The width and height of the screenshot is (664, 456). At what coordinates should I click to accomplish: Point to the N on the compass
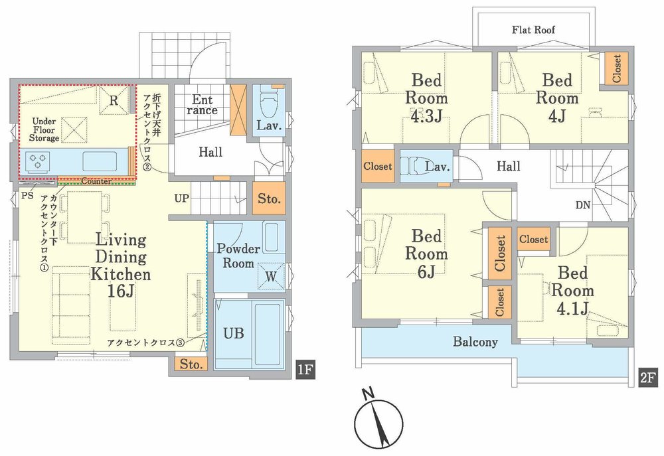click(369, 394)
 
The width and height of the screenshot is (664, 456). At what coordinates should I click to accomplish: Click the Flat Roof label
click(533, 30)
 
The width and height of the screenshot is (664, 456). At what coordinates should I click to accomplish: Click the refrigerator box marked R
click(114, 100)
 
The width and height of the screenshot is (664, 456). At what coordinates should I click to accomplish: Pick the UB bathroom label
click(233, 333)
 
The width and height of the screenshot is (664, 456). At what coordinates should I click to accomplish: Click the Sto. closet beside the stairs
click(268, 198)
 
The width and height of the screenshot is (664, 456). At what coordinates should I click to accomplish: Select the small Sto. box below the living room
click(191, 364)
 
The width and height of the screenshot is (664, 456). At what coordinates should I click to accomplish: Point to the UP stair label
click(182, 198)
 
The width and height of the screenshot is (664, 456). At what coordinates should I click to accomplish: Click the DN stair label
click(583, 205)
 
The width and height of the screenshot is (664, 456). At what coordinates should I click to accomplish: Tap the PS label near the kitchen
click(27, 196)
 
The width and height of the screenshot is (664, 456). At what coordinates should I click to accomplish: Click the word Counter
click(96, 181)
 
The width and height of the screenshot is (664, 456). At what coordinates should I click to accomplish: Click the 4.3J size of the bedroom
click(426, 115)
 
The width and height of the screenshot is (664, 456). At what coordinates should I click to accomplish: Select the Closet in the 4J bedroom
click(616, 68)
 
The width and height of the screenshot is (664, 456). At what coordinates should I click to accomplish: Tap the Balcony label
click(475, 342)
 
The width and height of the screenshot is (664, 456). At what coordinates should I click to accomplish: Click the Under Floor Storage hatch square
click(74, 129)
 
